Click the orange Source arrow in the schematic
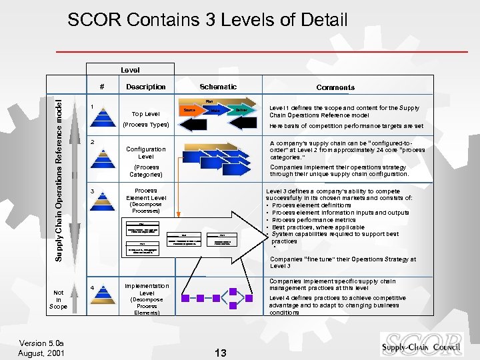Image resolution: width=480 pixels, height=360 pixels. point(189,109)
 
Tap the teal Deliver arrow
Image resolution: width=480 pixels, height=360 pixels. point(241,109)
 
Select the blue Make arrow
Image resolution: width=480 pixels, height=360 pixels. point(215,110)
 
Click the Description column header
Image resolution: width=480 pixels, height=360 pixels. point(146,87)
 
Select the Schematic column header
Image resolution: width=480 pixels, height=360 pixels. point(218,87)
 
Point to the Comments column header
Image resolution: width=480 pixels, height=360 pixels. point(335,87)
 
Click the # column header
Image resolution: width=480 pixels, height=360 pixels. point(101,87)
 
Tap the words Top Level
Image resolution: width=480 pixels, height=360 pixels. point(146,114)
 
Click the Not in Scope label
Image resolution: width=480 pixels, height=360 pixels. point(59,299)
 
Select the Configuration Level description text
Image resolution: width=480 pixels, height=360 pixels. point(146,153)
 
